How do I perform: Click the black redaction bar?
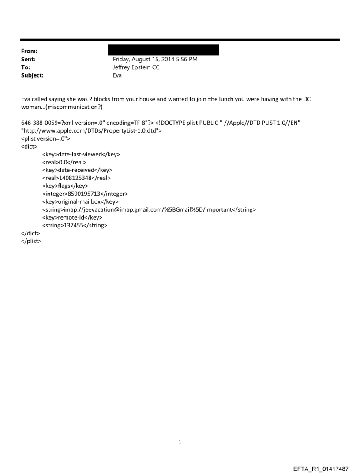point(166,49)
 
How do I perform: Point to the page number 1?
point(180,441)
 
